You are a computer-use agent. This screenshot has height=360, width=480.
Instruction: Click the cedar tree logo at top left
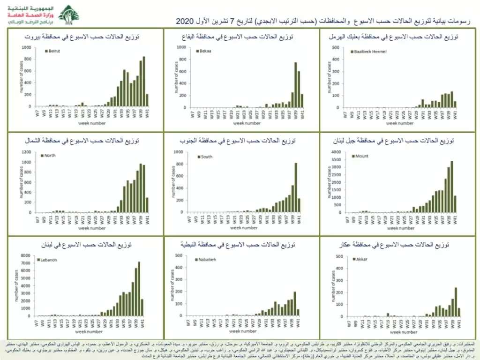point(69,15)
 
